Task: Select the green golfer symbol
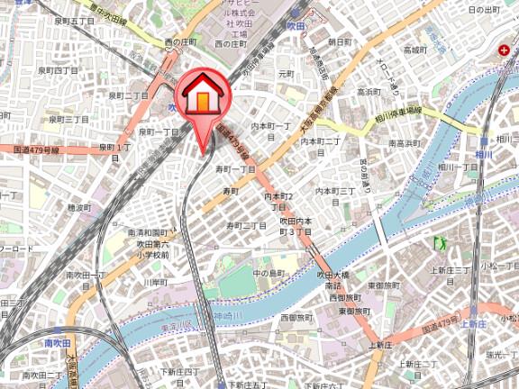[x=441, y=243]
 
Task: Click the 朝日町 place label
[x=340, y=42]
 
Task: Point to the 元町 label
[x=287, y=74]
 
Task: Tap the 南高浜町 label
[x=406, y=142]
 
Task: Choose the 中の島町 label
[x=269, y=273]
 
